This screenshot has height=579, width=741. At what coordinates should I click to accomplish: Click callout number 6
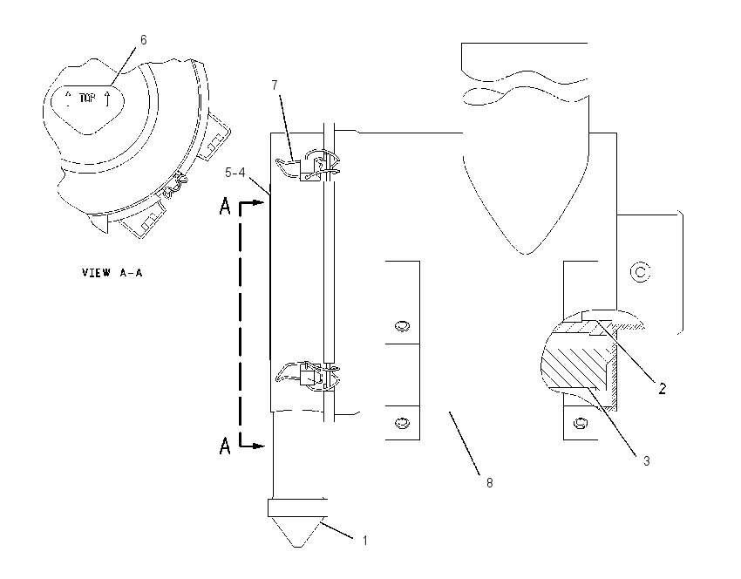(144, 40)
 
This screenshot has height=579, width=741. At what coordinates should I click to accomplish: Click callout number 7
(275, 85)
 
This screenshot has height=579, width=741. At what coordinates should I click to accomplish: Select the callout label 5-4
(235, 173)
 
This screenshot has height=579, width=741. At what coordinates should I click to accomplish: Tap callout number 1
(364, 541)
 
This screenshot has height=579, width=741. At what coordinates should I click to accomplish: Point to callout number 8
(490, 482)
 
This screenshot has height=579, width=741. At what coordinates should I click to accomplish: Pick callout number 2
(662, 389)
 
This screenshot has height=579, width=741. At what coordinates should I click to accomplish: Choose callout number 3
(647, 460)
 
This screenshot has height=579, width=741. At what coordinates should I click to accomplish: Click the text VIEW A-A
(112, 273)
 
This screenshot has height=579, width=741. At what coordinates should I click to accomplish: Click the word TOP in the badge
(87, 99)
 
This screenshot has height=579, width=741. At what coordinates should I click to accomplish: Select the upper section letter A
(225, 207)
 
